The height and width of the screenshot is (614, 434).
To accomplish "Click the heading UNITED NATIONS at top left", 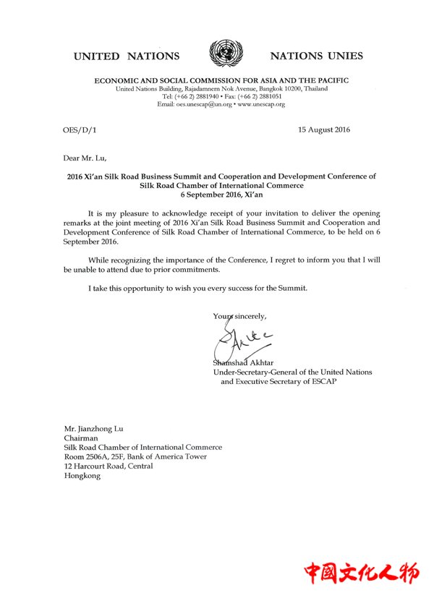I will coord(126,56).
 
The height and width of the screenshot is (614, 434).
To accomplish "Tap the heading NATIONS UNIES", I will coord(316,56).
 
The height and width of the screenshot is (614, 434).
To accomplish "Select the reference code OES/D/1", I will coord(78,129).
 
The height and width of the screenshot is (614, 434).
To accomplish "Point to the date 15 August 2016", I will coord(324,129).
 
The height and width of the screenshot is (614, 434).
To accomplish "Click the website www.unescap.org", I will coord(262,104).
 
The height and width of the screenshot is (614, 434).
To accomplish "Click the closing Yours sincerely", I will coord(239,315).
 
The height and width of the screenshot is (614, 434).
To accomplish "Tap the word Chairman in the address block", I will coord(81,438).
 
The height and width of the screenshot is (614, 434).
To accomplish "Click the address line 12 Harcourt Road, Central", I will coord(109,466).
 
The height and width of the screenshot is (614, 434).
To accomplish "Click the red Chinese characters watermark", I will coord(361,574).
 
